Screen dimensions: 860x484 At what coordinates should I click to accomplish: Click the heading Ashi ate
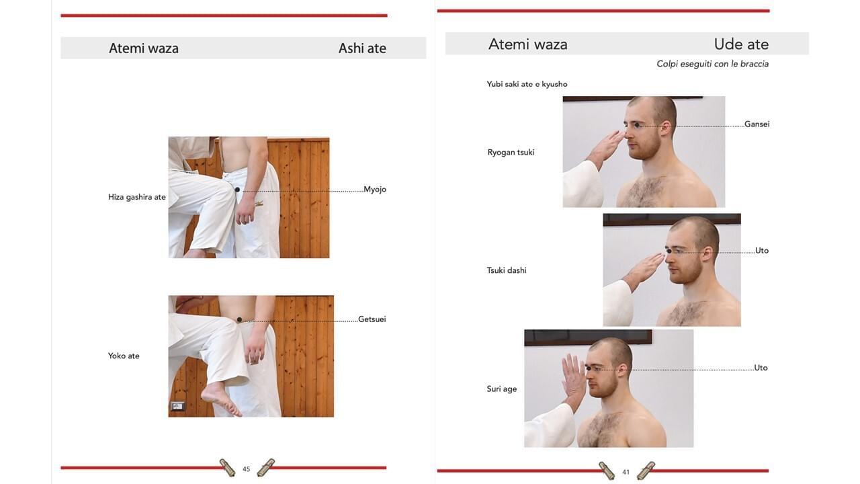point(362,48)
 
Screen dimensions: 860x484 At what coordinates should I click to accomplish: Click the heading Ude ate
point(741,44)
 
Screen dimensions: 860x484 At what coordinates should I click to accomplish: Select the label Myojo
point(375,190)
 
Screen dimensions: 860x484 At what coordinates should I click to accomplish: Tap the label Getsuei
point(372,319)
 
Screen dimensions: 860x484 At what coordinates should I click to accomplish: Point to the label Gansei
point(757,124)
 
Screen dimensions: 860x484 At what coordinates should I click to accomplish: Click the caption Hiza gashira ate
point(136,197)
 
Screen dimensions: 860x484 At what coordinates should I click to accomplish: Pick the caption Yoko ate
point(124,356)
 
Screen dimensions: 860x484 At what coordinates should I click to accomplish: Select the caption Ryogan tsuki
point(511,153)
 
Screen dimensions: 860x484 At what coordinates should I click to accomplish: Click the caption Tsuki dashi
point(507,270)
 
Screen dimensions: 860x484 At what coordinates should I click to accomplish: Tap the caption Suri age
point(501,389)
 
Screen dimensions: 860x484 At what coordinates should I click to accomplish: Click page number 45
point(246,469)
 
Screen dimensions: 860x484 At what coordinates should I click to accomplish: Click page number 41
point(626,472)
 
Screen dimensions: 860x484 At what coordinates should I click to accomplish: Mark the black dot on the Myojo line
point(237,190)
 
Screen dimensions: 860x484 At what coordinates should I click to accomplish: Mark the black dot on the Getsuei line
point(239,319)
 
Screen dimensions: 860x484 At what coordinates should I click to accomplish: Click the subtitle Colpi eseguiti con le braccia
point(712,64)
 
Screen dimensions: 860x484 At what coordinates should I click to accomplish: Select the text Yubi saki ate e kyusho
point(527,84)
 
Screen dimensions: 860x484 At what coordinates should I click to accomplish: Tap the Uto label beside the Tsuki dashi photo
point(762,251)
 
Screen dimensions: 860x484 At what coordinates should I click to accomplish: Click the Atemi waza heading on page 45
point(144,48)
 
